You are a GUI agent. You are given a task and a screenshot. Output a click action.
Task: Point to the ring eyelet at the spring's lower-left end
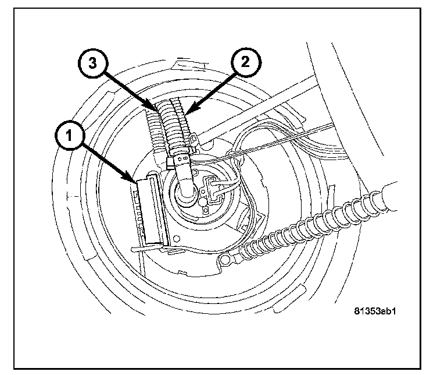click(224, 260)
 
